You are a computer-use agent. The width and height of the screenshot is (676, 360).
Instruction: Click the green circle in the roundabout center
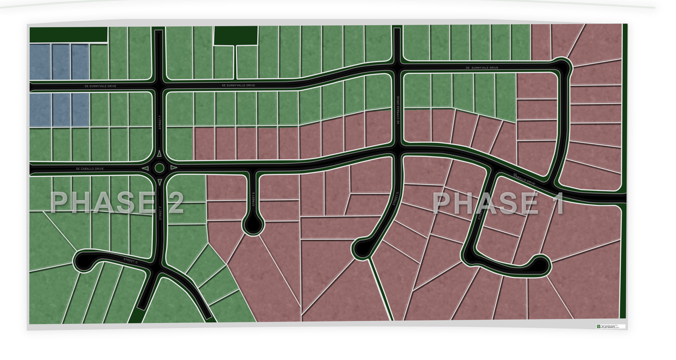(x=159, y=168)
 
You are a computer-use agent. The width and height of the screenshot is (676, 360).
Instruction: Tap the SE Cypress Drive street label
(x=398, y=110)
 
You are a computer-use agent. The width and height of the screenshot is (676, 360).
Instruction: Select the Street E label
(x=253, y=199)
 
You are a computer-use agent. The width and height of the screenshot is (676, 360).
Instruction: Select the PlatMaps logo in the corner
(x=611, y=327)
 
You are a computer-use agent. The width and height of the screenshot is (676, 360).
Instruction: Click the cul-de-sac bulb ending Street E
(x=253, y=226)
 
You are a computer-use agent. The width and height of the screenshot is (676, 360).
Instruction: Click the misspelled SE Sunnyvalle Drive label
(x=238, y=85)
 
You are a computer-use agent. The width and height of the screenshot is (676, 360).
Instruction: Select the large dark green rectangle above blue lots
(x=68, y=35)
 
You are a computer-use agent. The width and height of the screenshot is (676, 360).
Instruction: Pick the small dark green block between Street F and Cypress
(x=236, y=35)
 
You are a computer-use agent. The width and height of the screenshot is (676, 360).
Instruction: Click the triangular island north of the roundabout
(x=159, y=154)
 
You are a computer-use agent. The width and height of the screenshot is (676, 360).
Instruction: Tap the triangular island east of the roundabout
(x=174, y=168)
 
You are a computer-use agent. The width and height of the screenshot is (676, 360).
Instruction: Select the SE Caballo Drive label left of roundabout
(x=90, y=169)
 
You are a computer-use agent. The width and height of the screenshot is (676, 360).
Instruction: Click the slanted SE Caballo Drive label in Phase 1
(x=524, y=179)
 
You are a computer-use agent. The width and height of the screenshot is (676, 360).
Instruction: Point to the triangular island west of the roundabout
(x=145, y=168)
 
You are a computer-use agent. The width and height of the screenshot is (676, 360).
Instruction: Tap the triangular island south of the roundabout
(x=159, y=183)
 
